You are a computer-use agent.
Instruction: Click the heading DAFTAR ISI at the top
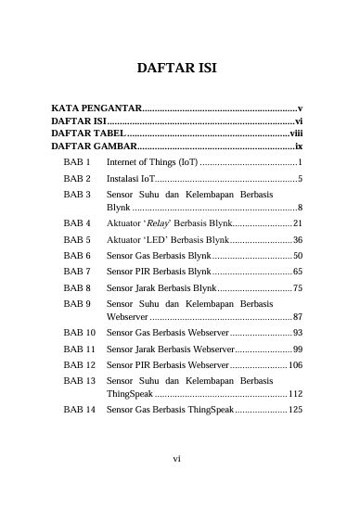176,68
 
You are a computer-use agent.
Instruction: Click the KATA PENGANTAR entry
96,109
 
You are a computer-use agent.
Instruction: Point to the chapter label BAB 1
77,162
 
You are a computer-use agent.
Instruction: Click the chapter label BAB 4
77,223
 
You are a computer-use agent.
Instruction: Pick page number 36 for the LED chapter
297,239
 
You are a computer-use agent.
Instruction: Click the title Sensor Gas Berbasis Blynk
159,255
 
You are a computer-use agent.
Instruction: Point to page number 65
297,272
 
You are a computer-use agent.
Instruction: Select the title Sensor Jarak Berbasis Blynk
161,288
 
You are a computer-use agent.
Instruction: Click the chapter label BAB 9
77,303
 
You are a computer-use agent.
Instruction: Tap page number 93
297,332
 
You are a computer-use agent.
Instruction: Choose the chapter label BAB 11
80,349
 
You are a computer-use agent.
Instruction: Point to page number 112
295,394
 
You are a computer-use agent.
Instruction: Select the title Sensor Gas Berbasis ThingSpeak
170,409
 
